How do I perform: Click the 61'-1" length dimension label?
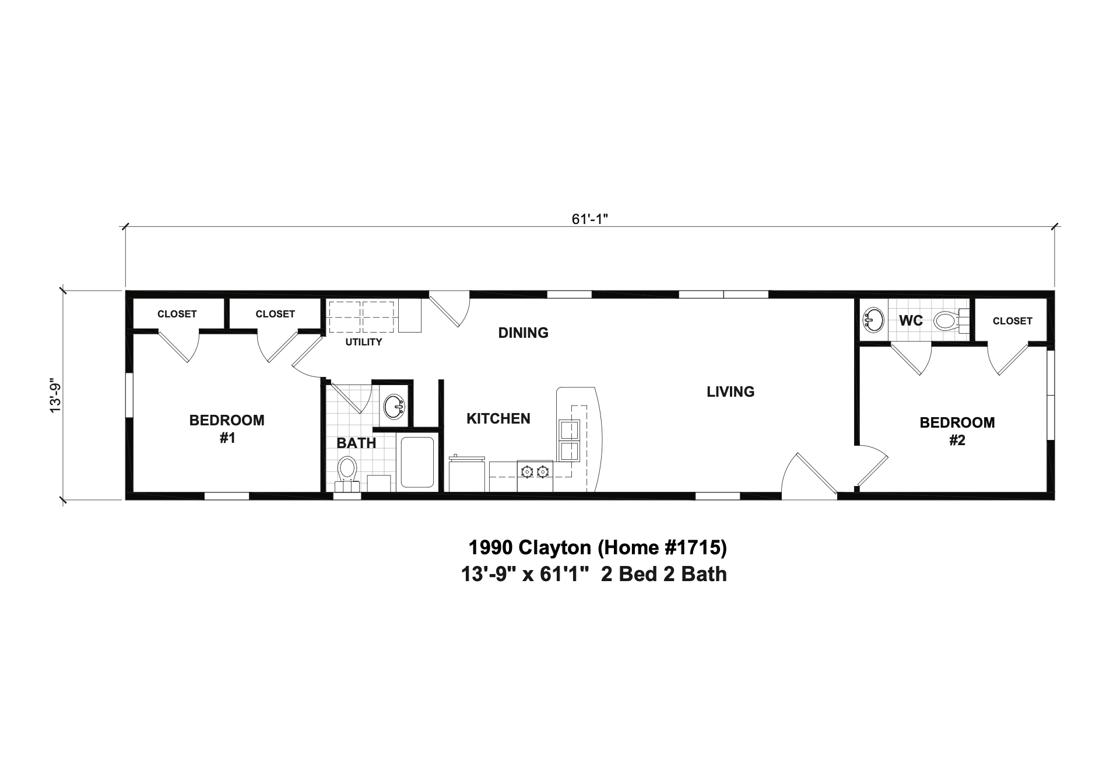(589, 219)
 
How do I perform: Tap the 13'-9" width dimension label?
(56, 397)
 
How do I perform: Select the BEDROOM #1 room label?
(227, 429)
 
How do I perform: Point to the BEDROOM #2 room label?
(957, 431)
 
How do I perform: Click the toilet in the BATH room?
(347, 470)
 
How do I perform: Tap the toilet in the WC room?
(947, 320)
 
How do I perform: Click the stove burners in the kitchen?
(535, 470)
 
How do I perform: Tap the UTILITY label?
(363, 342)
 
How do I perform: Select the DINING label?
(523, 333)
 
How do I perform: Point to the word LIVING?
(730, 392)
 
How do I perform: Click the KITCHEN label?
(498, 419)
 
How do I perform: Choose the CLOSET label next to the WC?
(1012, 321)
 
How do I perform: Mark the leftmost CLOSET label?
(177, 314)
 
